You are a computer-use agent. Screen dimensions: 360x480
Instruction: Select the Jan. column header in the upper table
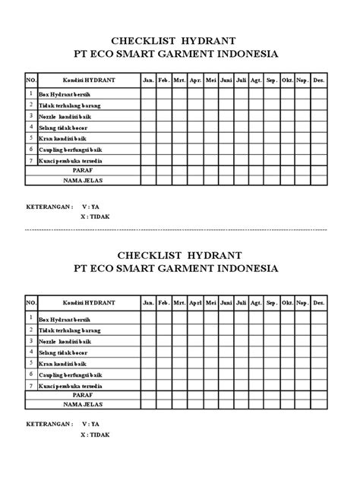[x=147, y=80]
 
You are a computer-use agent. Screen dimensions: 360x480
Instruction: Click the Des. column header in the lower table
[x=319, y=303]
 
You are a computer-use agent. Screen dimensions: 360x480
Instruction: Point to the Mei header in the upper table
[x=210, y=80]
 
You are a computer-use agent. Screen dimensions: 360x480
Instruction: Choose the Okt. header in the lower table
[x=288, y=303]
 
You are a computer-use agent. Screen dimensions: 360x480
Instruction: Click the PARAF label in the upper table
[x=83, y=172]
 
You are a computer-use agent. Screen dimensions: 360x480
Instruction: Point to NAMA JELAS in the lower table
[x=83, y=405]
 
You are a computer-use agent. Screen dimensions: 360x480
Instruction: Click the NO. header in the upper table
[x=31, y=80]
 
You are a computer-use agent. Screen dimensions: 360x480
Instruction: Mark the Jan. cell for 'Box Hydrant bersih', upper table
[x=147, y=94]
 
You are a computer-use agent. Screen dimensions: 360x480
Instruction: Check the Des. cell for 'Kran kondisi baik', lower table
[x=319, y=363]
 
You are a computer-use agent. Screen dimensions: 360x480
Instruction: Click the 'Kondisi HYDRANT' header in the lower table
[x=83, y=303]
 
